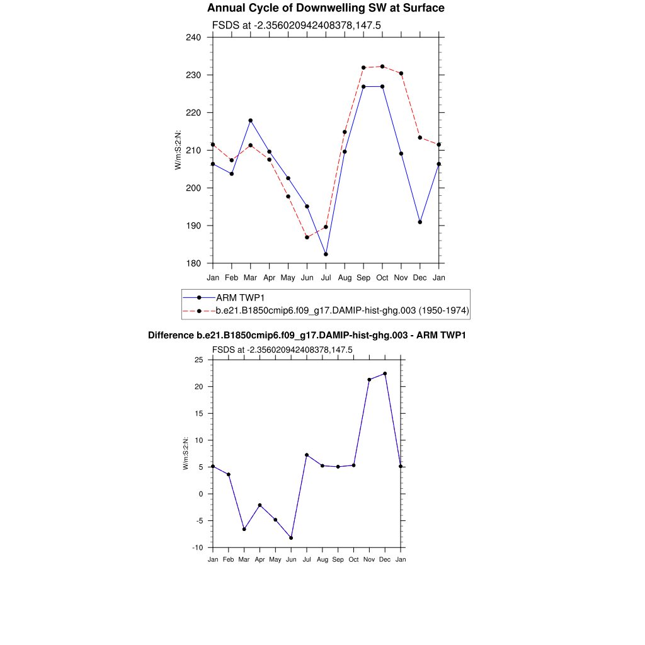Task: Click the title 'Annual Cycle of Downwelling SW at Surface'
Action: [x=326, y=8]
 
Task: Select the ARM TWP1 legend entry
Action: [x=240, y=297]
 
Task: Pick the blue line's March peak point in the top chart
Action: [x=251, y=120]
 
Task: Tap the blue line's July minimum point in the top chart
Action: [x=326, y=254]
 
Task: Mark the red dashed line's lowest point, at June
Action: [x=307, y=237]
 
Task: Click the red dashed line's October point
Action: [x=382, y=66]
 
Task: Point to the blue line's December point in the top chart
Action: [x=420, y=222]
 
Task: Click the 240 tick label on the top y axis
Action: [x=194, y=37]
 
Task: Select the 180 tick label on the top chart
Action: [x=194, y=263]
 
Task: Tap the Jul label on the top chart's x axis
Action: [x=326, y=277]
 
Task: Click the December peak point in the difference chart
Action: [x=385, y=374]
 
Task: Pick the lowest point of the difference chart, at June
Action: [x=291, y=538]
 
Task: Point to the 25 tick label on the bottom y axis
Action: [x=199, y=360]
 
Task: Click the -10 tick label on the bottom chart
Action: [x=197, y=548]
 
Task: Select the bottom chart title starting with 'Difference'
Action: [x=307, y=336]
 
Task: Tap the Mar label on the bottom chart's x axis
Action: [x=244, y=560]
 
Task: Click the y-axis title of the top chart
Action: [x=178, y=150]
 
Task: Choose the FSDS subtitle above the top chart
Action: [x=296, y=25]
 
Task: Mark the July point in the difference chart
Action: [x=307, y=455]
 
